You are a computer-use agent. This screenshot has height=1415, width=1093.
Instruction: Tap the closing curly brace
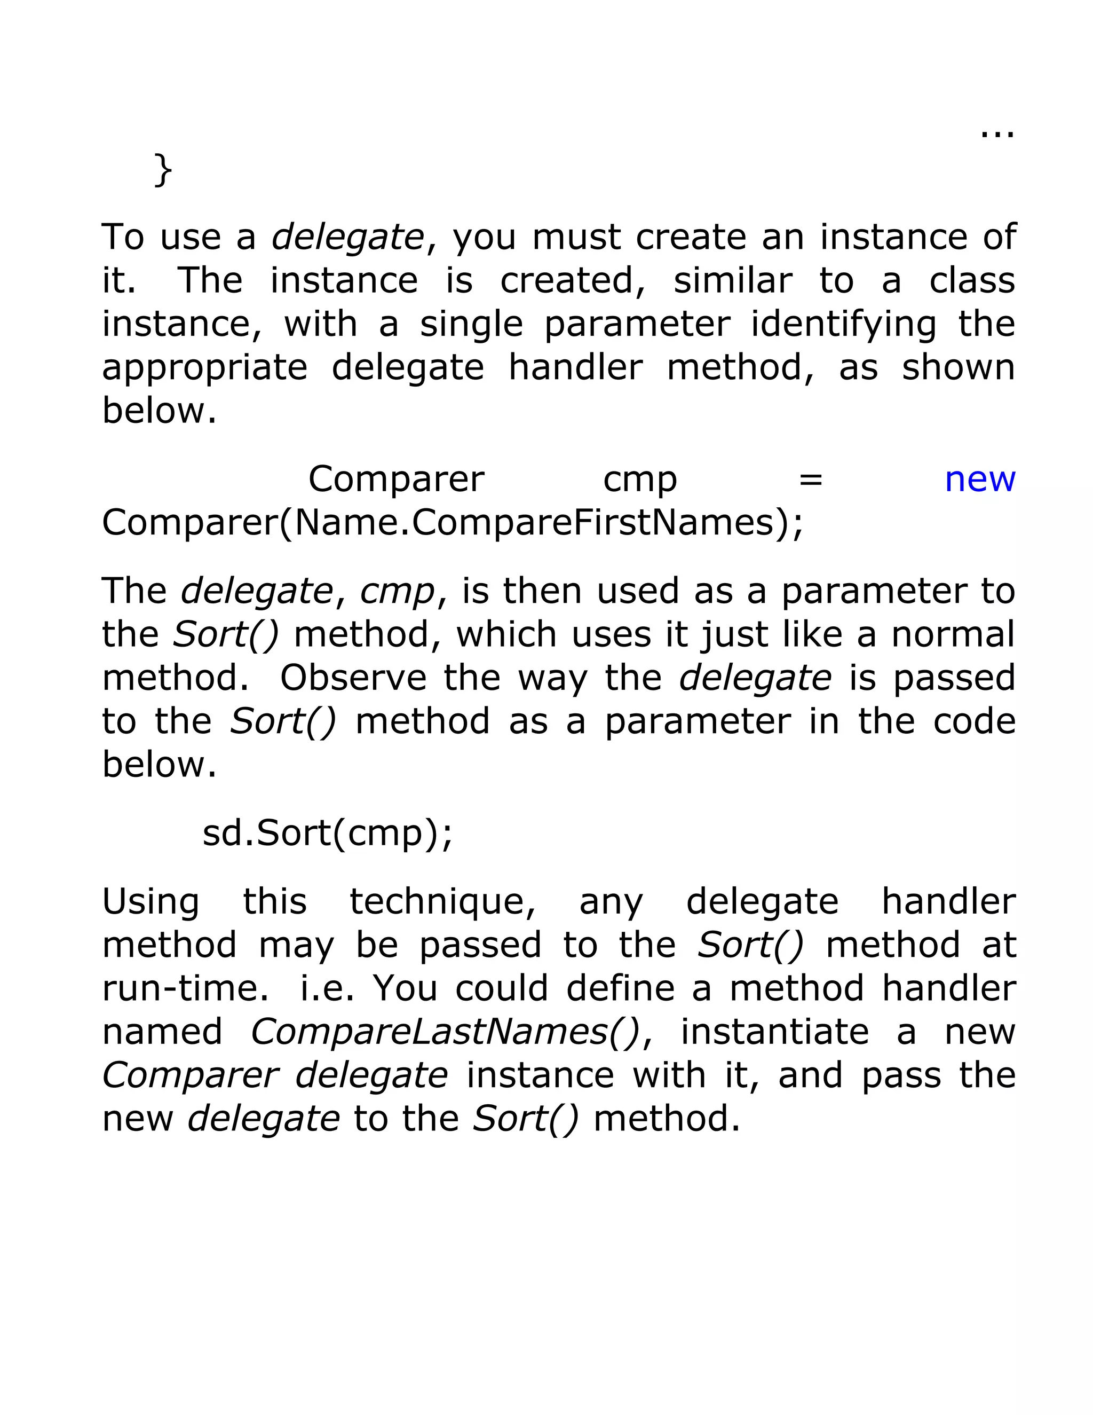tap(163, 170)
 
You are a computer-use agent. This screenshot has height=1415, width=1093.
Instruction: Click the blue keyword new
tap(980, 480)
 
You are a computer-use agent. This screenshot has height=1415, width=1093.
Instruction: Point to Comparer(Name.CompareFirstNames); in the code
tap(453, 523)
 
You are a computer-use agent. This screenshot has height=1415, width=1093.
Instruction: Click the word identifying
tap(844, 325)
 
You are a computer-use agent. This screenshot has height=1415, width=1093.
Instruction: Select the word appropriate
tap(204, 368)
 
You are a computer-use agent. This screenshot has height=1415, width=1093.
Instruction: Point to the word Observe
tap(353, 678)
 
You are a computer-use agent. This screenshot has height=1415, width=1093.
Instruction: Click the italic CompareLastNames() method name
tap(446, 1032)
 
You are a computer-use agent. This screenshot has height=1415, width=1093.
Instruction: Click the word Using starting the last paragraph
tap(151, 902)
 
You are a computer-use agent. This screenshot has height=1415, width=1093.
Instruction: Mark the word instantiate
tap(774, 1032)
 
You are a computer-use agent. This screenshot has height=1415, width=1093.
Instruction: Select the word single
tap(471, 325)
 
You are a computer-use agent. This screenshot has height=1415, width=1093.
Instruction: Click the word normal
tap(953, 635)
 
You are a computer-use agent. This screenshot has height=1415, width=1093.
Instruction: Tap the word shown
tap(959, 368)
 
